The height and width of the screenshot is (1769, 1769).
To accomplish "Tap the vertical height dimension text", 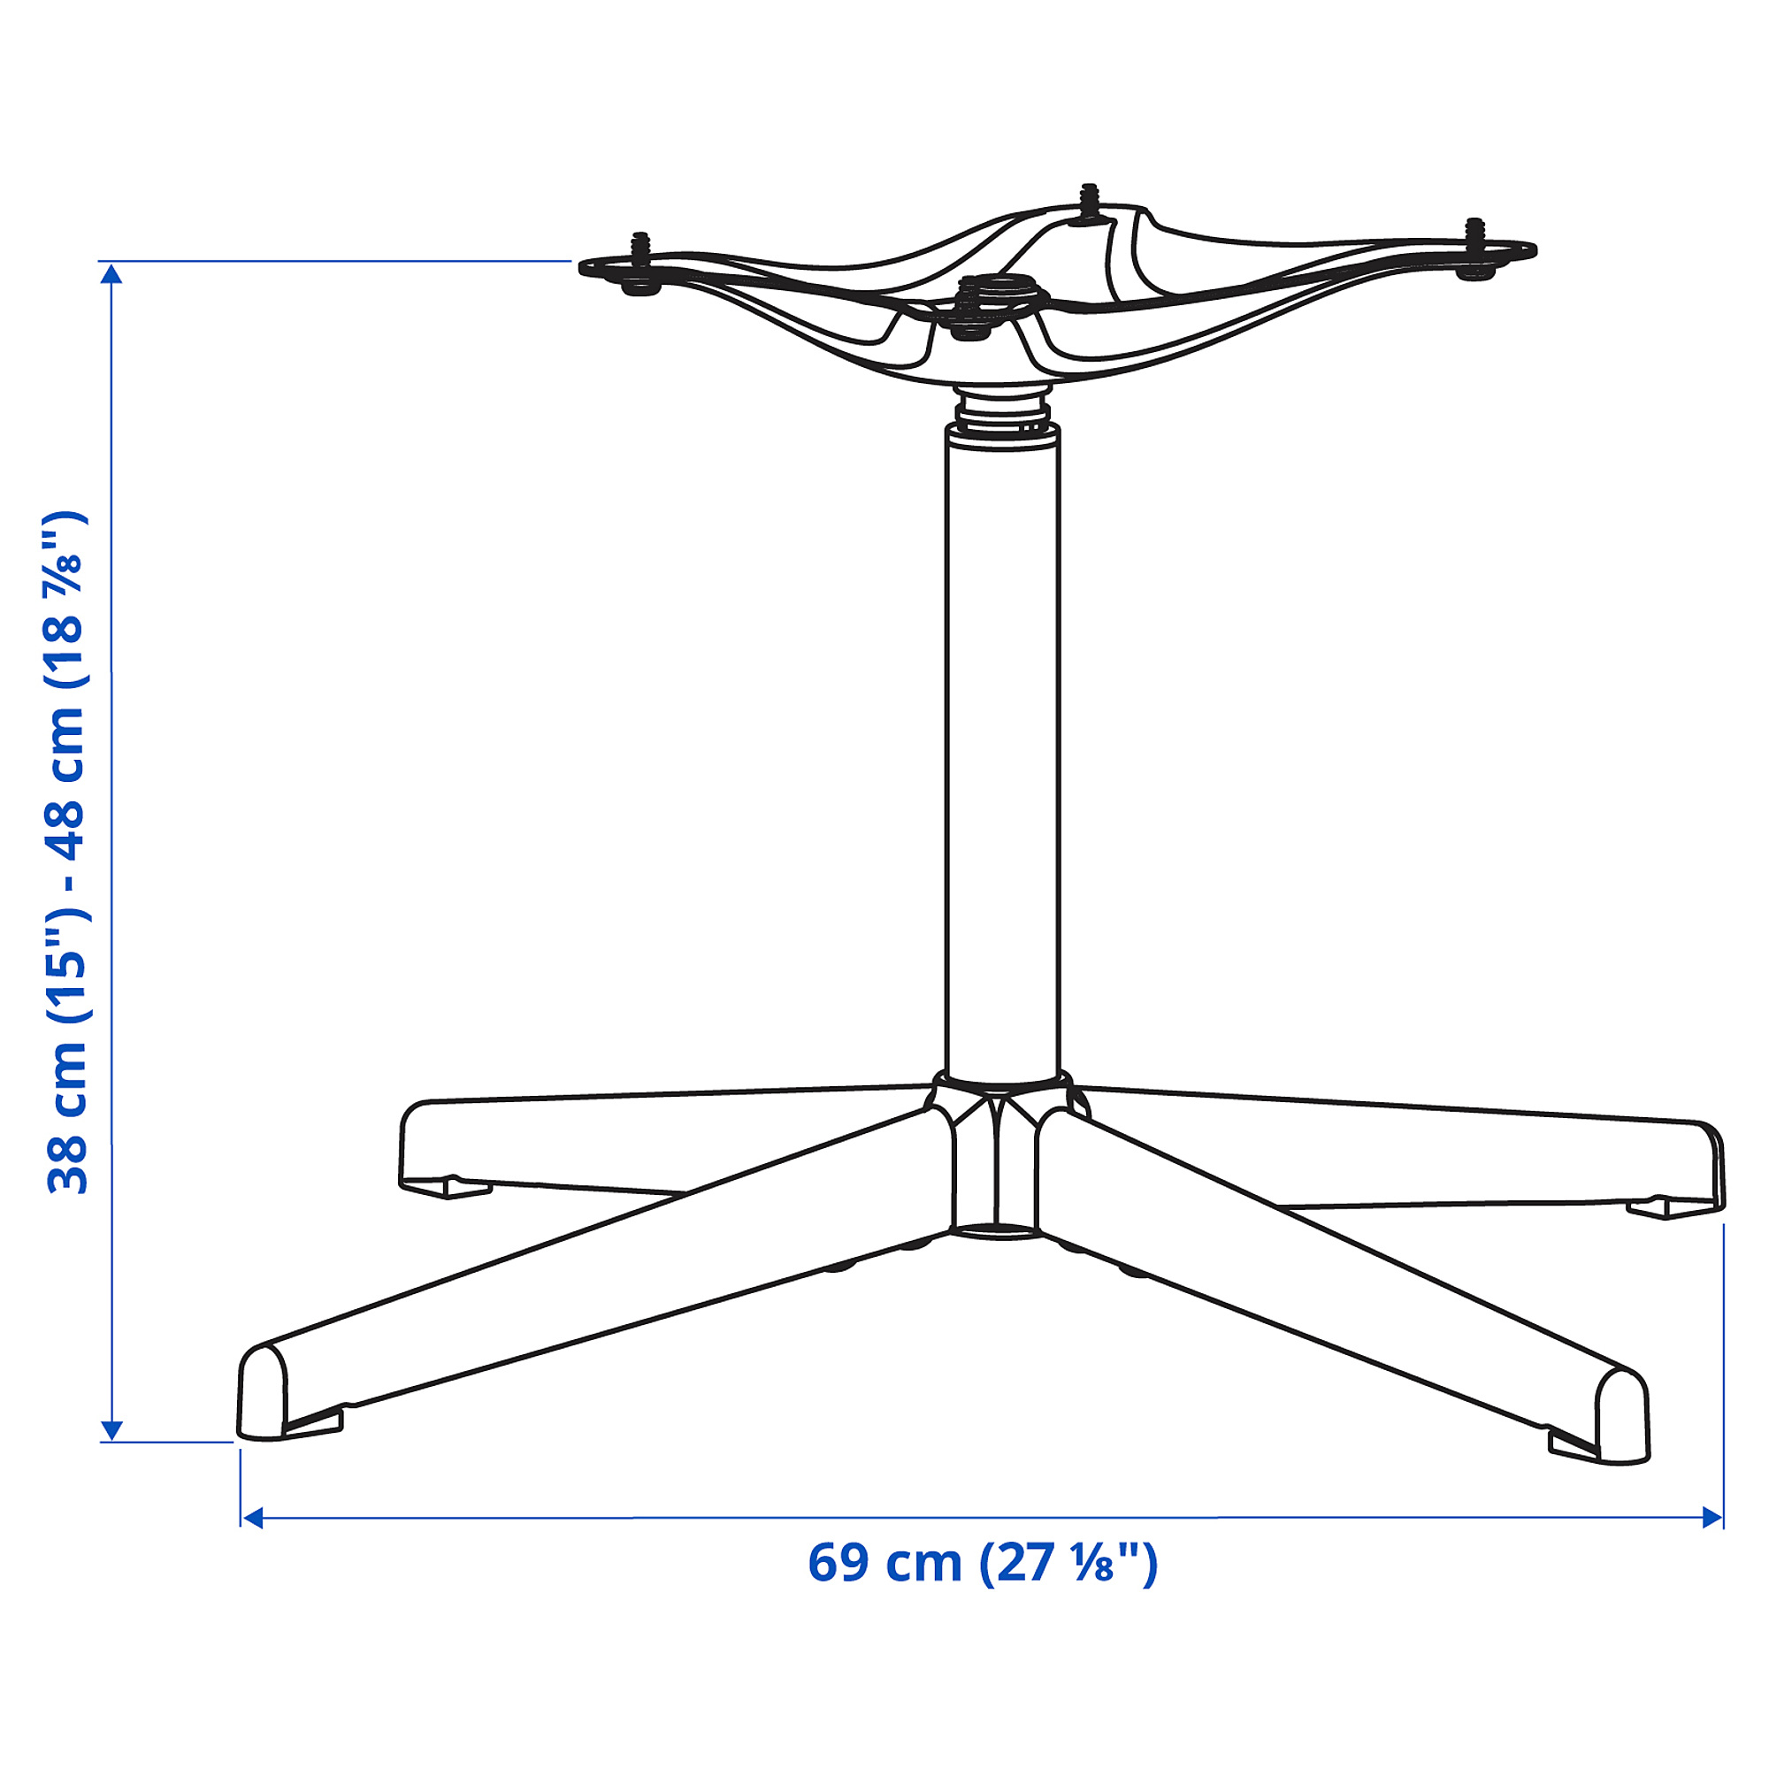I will (68, 852).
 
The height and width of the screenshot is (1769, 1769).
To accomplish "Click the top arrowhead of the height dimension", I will (111, 275).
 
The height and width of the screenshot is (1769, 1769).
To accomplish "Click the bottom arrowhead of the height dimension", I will (111, 1430).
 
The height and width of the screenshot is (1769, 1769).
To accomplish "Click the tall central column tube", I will (1002, 751).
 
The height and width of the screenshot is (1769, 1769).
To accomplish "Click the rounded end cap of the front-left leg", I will (262, 1391).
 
